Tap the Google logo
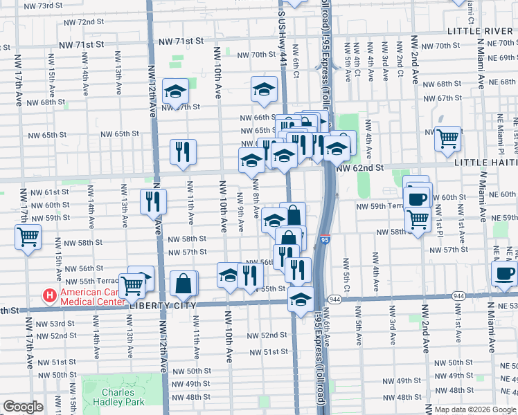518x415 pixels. coord(23,407)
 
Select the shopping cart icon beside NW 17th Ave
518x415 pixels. coord(28,237)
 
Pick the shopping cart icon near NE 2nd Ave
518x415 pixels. coord(447,138)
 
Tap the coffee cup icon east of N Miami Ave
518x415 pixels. coord(504,272)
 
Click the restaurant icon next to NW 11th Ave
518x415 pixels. coord(183,151)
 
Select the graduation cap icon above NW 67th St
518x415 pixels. coord(176,91)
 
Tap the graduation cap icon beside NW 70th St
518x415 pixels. coord(264,88)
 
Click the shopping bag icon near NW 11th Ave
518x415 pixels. coord(184,283)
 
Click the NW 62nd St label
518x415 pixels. coord(359,168)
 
